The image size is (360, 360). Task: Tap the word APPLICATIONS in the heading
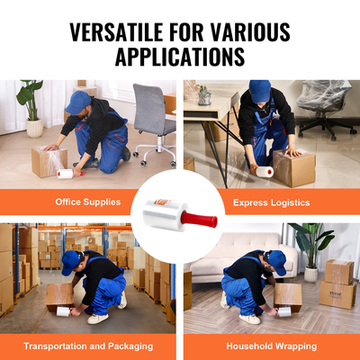(x=180, y=57)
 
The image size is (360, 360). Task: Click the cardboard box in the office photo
(x=49, y=161)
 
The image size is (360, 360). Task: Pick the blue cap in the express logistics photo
(x=262, y=91)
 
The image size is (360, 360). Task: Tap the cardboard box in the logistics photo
(x=294, y=168)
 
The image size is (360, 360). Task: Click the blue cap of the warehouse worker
(x=71, y=261)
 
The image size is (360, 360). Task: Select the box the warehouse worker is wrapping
(x=60, y=295)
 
